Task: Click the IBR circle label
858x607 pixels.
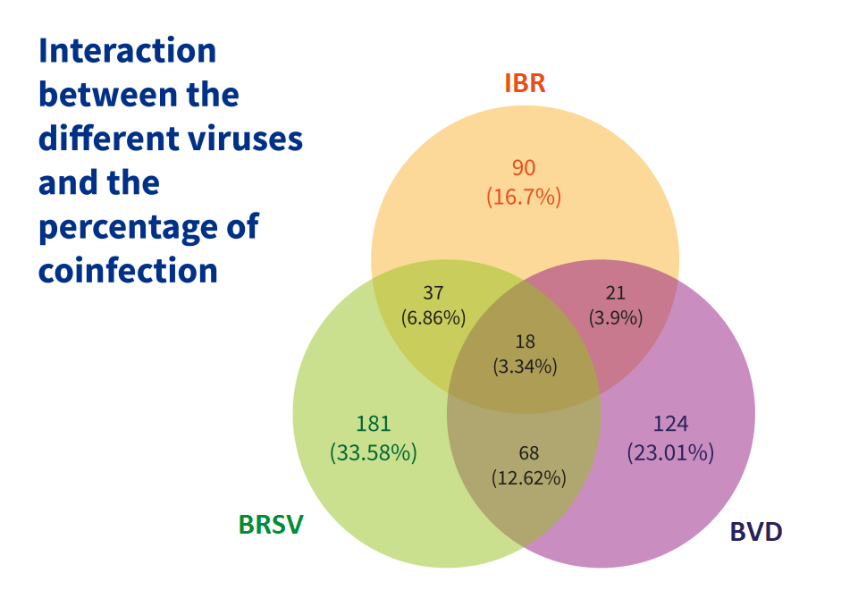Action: (525, 84)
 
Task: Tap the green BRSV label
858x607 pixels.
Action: (271, 525)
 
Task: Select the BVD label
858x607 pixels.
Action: (756, 532)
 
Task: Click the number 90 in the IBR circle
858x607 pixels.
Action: (524, 168)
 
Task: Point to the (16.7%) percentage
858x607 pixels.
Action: (524, 197)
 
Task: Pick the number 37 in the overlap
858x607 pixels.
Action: (433, 292)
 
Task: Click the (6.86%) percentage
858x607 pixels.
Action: (433, 317)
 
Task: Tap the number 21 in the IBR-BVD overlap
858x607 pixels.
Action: (616, 292)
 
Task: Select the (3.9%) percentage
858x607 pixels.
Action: (616, 317)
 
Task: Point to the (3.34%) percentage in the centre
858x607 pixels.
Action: (525, 366)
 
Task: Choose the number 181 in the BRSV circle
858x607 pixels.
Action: (373, 424)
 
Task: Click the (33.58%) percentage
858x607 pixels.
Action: (373, 453)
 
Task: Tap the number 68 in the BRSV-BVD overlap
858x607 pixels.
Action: (528, 453)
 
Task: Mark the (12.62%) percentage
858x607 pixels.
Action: (528, 478)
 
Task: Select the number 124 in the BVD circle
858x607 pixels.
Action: (670, 424)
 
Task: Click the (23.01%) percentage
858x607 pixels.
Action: (670, 453)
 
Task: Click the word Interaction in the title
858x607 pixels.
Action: (127, 50)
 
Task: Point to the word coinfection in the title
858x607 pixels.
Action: (128, 270)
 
